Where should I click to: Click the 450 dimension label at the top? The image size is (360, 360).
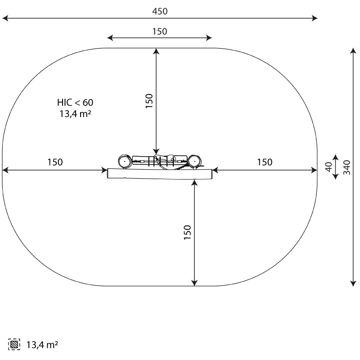pyautogui.click(x=160, y=11)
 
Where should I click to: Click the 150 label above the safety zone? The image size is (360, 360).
pyautogui.click(x=160, y=31)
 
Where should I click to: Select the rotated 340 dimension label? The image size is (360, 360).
pyautogui.click(x=346, y=167)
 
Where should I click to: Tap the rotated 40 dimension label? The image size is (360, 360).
pyautogui.click(x=329, y=167)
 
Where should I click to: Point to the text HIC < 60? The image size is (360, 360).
pyautogui.click(x=75, y=103)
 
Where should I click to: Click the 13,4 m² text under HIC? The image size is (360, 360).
pyautogui.click(x=75, y=114)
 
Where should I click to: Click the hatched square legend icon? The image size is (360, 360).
pyautogui.click(x=14, y=344)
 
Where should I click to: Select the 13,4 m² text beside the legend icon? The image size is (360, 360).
pyautogui.click(x=42, y=345)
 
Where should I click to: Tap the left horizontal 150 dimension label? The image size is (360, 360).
pyautogui.click(x=55, y=162)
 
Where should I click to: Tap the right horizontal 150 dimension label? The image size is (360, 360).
pyautogui.click(x=265, y=162)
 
